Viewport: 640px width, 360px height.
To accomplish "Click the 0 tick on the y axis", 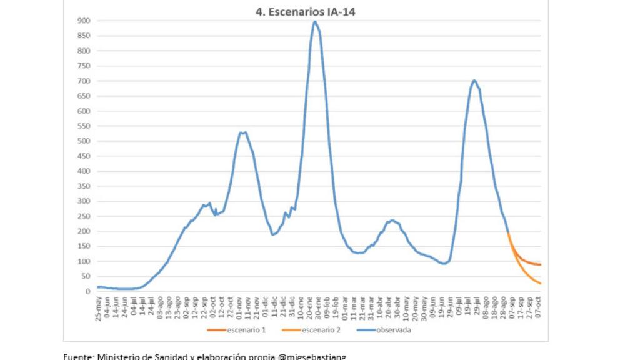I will tap(88, 292).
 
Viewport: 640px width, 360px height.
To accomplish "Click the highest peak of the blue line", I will tap(315, 22).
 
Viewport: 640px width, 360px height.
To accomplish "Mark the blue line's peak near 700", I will tap(474, 80).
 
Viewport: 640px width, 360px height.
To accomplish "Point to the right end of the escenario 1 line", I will tap(540, 264).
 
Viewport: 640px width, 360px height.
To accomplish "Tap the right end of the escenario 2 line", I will tap(540, 283).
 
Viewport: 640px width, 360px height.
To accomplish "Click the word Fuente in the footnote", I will tap(77, 356).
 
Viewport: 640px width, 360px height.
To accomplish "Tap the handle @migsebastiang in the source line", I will tap(313, 356).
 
